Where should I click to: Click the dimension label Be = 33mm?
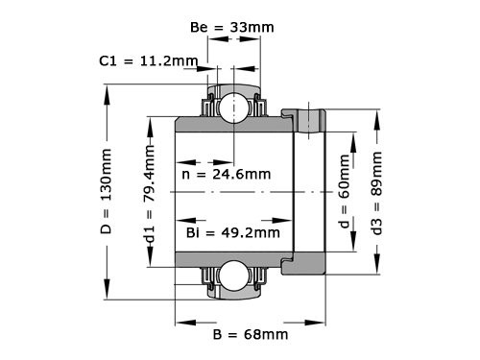(232, 28)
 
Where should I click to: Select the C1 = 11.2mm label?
(148, 61)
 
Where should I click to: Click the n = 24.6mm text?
(226, 175)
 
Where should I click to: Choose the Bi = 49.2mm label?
(232, 232)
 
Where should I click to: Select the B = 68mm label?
(249, 335)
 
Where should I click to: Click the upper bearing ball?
(231, 108)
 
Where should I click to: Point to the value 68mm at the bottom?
(266, 335)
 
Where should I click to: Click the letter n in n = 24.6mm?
(186, 175)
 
